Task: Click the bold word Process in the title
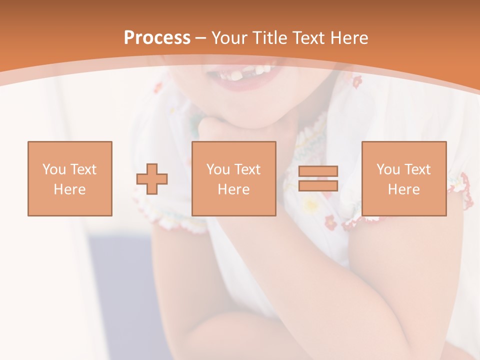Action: (x=157, y=38)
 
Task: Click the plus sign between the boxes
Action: (x=152, y=179)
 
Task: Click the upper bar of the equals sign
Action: (x=318, y=171)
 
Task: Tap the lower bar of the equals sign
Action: (x=318, y=185)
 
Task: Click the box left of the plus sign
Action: (x=70, y=178)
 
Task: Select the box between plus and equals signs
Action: (x=234, y=178)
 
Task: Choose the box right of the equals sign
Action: (x=404, y=178)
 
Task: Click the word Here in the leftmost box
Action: (x=70, y=189)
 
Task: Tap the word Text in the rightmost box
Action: (x=417, y=169)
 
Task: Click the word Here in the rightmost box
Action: (x=404, y=189)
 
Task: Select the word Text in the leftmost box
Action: (x=83, y=169)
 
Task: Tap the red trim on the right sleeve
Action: (x=465, y=190)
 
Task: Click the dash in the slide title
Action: (x=200, y=38)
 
